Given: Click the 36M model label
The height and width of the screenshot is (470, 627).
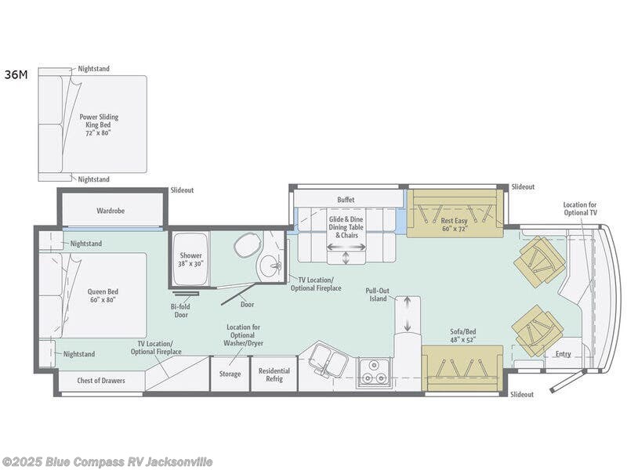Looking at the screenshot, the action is (16, 74).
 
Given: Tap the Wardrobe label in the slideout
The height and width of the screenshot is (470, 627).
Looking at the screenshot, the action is (111, 211).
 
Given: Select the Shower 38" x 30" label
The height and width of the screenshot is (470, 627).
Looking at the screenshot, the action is (190, 259).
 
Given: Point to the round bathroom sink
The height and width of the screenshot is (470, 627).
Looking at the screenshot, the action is (270, 265).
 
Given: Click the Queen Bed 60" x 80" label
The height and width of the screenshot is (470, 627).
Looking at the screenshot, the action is (103, 296).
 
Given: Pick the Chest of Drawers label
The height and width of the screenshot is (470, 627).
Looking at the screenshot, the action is (101, 381).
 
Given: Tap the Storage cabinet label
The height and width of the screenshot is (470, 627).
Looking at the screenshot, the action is (230, 374).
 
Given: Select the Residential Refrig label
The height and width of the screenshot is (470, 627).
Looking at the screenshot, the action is (274, 375).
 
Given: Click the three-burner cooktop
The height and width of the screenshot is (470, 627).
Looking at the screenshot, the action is (374, 373).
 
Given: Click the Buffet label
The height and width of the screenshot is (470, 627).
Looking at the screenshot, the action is (346, 200).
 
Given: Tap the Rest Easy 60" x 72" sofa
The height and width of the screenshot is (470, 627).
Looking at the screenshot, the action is (455, 213).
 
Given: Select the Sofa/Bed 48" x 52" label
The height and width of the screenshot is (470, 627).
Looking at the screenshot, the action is (462, 336).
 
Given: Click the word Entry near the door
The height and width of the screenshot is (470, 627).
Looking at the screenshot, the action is (563, 354).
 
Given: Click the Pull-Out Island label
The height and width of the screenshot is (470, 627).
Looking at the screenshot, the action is (377, 295).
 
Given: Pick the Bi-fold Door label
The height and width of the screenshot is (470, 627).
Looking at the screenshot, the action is (181, 311).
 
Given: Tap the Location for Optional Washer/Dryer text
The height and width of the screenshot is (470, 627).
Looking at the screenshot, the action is (243, 335).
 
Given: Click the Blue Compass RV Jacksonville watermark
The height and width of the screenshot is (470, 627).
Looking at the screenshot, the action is (107, 462).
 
